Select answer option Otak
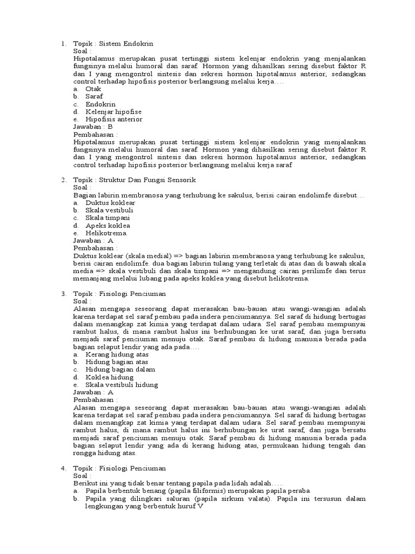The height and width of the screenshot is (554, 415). (x=93, y=89)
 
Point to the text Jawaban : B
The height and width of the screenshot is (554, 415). (x=93, y=127)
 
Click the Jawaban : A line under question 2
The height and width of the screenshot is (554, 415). (x=93, y=240)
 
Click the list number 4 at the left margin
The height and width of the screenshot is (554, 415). (x=63, y=467)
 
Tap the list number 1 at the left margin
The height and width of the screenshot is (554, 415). (x=63, y=43)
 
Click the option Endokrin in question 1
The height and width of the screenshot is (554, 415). (x=101, y=104)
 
